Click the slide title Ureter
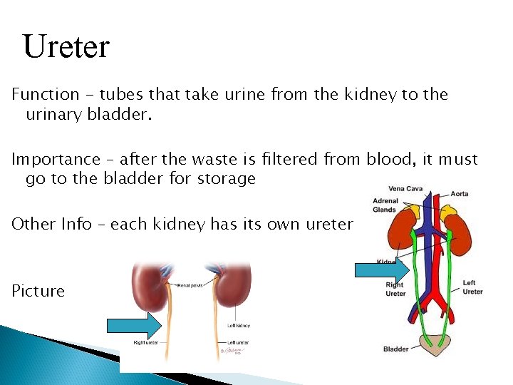tap(66, 47)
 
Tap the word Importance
tap(56, 159)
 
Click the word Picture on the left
tap(38, 291)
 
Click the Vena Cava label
tap(405, 189)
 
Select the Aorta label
tap(460, 194)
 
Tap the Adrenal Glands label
tap(385, 205)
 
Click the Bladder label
tap(395, 349)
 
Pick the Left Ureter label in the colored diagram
tap(472, 287)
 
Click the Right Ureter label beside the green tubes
tap(395, 289)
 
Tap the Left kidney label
tap(239, 326)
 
